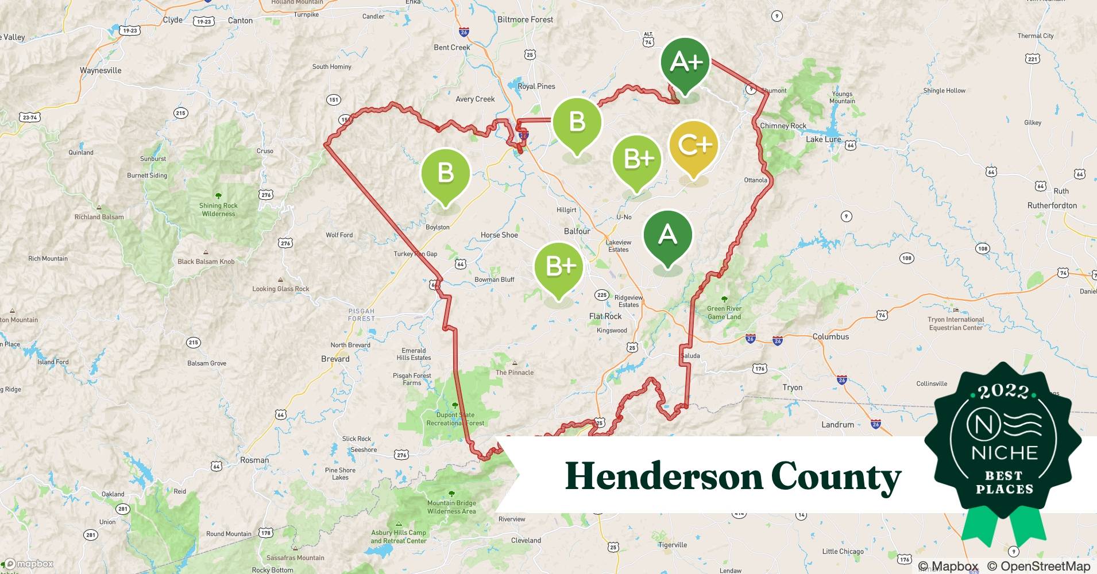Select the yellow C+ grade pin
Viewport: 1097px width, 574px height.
(x=694, y=145)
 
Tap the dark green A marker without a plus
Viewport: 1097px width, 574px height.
(x=667, y=235)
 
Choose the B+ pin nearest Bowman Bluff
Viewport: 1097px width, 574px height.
(x=559, y=266)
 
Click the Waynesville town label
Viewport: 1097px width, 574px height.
(x=101, y=71)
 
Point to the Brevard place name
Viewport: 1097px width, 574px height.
(x=335, y=359)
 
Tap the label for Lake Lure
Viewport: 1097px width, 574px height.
(x=823, y=139)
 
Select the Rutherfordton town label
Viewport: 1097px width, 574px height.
(x=1052, y=205)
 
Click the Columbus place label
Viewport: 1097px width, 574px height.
(x=831, y=336)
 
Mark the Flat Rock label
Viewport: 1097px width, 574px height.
(x=605, y=316)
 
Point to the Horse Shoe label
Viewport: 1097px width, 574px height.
(x=499, y=235)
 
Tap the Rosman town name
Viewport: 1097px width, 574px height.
(x=254, y=460)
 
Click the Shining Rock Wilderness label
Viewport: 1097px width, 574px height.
(x=218, y=210)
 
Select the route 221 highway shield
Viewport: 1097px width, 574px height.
(x=1032, y=59)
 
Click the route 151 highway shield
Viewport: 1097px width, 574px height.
(x=334, y=100)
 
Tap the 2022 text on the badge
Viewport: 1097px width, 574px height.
(x=1003, y=391)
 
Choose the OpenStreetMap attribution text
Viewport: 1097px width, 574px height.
(x=1038, y=567)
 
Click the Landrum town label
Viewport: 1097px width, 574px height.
(x=837, y=425)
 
